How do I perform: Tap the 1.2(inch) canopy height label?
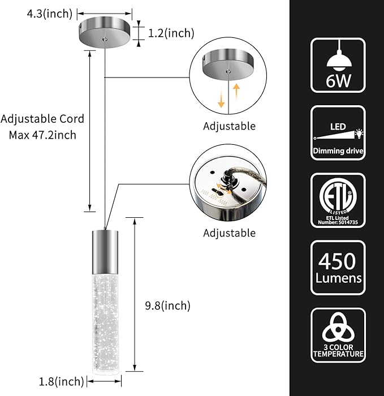tap(171, 33)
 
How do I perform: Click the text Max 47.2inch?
tap(42, 135)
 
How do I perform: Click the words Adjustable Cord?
tap(42, 119)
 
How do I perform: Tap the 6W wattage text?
tap(338, 80)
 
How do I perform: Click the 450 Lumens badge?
tap(338, 269)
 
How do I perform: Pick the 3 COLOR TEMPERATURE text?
tap(338, 350)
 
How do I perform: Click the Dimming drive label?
tap(338, 151)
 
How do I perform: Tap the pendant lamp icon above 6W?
tap(338, 57)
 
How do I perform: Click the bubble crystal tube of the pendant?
tap(105, 317)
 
